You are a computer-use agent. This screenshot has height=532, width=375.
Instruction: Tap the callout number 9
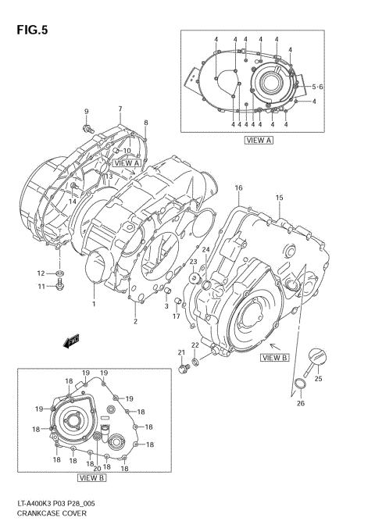[86, 111]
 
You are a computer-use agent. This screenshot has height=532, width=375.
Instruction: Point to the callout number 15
[278, 198]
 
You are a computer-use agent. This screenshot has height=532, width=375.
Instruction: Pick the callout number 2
[134, 321]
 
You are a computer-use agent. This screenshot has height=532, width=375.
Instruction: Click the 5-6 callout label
[318, 86]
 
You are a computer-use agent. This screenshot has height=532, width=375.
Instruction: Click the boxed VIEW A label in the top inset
[258, 141]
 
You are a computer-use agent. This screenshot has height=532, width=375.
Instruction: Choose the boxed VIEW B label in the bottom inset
[91, 477]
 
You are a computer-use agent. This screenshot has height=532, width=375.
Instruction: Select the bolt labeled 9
[87, 126]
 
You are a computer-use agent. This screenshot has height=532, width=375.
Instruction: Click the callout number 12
[41, 273]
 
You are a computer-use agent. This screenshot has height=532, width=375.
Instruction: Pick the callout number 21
[180, 352]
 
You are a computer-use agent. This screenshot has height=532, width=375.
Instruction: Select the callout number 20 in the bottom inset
[97, 469]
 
